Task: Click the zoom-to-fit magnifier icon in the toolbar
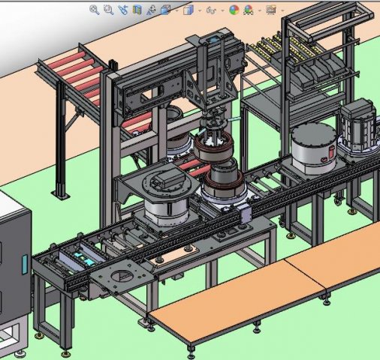tap(95, 10)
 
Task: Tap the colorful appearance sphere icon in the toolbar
tap(234, 10)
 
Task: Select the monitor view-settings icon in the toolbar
tap(271, 10)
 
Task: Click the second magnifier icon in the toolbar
tap(108, 10)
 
